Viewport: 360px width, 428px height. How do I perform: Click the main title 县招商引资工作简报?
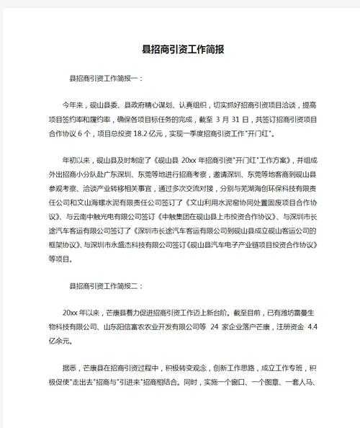180,50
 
